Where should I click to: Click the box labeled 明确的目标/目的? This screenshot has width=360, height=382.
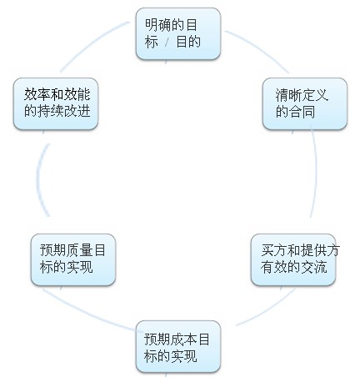(x=178, y=33)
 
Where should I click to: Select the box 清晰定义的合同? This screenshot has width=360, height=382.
(x=305, y=103)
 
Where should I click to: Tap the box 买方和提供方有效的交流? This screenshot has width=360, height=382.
(x=293, y=259)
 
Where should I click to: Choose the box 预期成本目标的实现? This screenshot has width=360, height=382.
(x=178, y=346)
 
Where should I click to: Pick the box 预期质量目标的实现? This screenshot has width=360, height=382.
(x=73, y=259)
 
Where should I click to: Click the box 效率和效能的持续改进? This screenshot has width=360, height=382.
(x=56, y=103)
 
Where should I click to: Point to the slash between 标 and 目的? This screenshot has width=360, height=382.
(x=167, y=43)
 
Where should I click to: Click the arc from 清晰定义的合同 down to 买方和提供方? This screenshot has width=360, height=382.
(x=316, y=173)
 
